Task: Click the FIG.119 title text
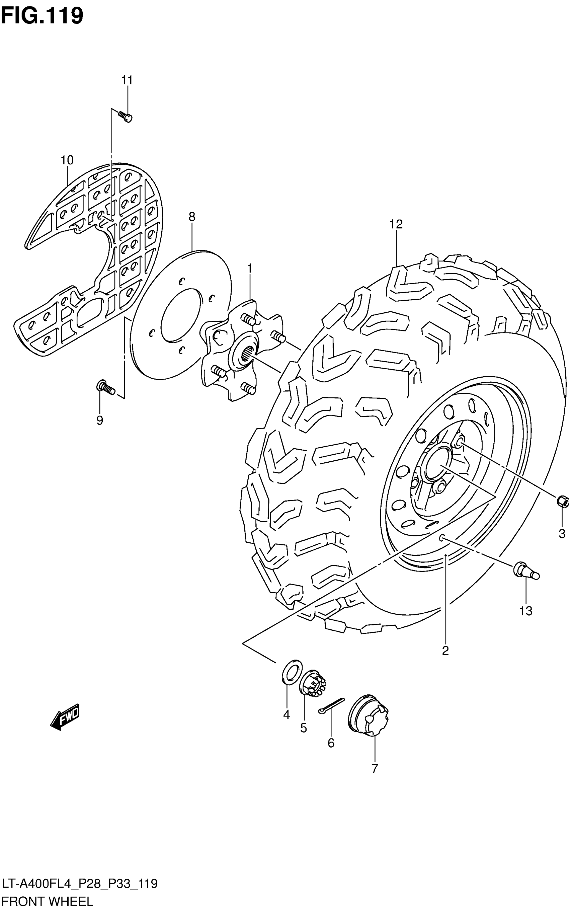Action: click(x=42, y=16)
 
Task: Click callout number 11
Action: click(x=127, y=80)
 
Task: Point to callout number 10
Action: click(x=67, y=160)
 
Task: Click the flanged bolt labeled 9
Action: click(x=105, y=387)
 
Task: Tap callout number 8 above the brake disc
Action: click(x=192, y=217)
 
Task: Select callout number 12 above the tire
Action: click(x=396, y=224)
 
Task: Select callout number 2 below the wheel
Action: click(x=445, y=651)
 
